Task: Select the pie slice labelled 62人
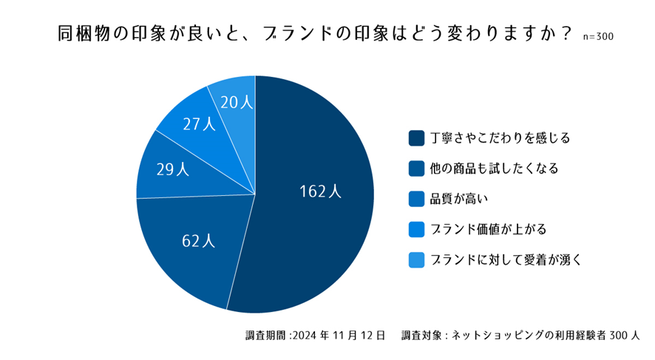[x=196, y=244]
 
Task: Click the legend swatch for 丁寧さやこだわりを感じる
[x=416, y=137]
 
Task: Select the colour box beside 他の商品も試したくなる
[x=416, y=169]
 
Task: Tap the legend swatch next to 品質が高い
[x=416, y=199]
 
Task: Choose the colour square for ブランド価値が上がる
[x=416, y=229]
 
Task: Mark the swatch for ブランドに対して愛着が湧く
[x=416, y=259]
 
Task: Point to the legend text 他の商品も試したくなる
[x=494, y=169]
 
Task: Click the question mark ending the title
[x=566, y=34]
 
